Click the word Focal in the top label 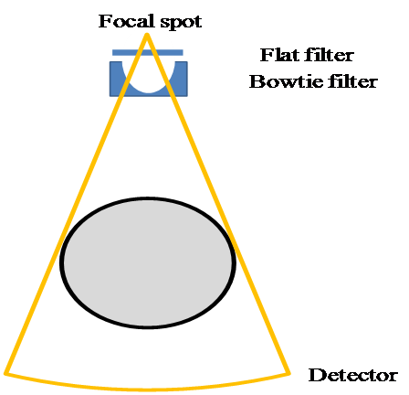[x=126, y=21]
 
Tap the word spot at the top [x=181, y=23]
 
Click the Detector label [x=353, y=375]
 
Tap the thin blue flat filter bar [x=148, y=52]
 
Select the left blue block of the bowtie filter [x=117, y=79]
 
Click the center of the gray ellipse [x=148, y=262]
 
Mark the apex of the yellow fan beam [x=147, y=34]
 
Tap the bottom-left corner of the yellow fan [x=6, y=372]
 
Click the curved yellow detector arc [x=147, y=390]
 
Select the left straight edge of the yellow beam [x=77, y=203]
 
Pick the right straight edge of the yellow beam [x=217, y=203]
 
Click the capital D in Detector [x=316, y=375]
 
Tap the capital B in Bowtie [x=257, y=81]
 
